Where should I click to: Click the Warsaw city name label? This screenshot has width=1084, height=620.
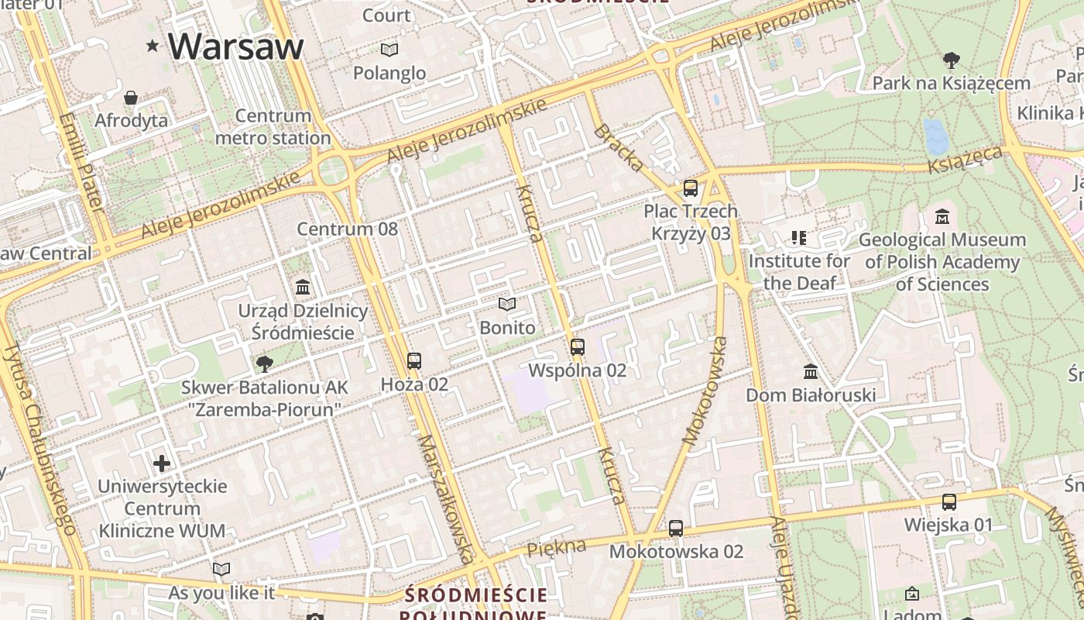235,46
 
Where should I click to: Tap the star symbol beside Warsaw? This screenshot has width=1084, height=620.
153,46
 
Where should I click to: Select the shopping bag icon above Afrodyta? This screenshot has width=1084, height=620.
131,98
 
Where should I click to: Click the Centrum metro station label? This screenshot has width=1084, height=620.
273,127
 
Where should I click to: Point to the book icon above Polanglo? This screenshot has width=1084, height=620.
389,50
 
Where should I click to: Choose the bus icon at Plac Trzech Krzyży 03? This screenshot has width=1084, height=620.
690,188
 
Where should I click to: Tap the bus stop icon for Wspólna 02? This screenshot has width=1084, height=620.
577,347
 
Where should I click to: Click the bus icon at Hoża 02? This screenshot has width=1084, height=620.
414,361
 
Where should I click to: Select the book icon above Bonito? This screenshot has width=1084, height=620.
507,305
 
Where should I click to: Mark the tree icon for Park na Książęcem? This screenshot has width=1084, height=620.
951,60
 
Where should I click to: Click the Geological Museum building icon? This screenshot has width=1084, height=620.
942,217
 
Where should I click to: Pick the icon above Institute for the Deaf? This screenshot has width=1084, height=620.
798,238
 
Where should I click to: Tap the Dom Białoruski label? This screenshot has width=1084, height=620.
811,395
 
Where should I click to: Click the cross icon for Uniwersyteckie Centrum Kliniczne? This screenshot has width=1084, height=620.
162,463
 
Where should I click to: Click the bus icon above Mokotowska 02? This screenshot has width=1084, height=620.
676,529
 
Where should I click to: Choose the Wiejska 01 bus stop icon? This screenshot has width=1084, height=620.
948,502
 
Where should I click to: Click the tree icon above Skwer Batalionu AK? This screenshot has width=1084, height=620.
265,363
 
